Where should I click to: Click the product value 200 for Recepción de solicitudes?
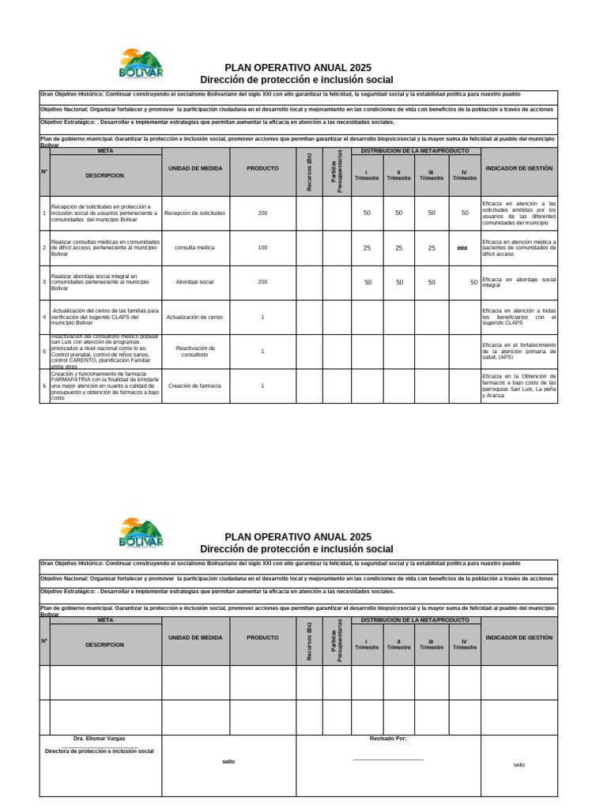(x=262, y=213)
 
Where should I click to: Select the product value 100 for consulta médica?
(x=262, y=247)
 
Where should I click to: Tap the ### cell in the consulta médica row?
(x=462, y=248)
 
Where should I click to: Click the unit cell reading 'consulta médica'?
(x=195, y=247)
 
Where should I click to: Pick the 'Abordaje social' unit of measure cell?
(x=195, y=282)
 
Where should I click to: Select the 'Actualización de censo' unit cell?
(x=195, y=317)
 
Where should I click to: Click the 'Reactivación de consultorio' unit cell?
(x=195, y=351)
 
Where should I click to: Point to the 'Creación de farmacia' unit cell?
(x=195, y=386)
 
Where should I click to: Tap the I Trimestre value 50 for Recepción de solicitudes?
(x=367, y=213)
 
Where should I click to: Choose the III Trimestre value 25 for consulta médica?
(x=432, y=248)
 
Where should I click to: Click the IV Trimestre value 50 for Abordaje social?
(x=473, y=282)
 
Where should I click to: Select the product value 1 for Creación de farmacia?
(x=262, y=386)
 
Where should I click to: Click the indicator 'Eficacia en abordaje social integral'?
(x=518, y=282)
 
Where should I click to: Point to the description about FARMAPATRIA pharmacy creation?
(x=105, y=386)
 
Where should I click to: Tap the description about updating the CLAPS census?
(x=105, y=317)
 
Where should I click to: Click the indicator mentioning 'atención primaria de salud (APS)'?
(x=518, y=351)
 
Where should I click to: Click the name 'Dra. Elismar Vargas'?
(x=100, y=738)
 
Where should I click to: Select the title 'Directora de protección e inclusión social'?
(x=100, y=751)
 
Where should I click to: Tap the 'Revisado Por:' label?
(x=388, y=738)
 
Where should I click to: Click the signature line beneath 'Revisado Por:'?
(x=388, y=759)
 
